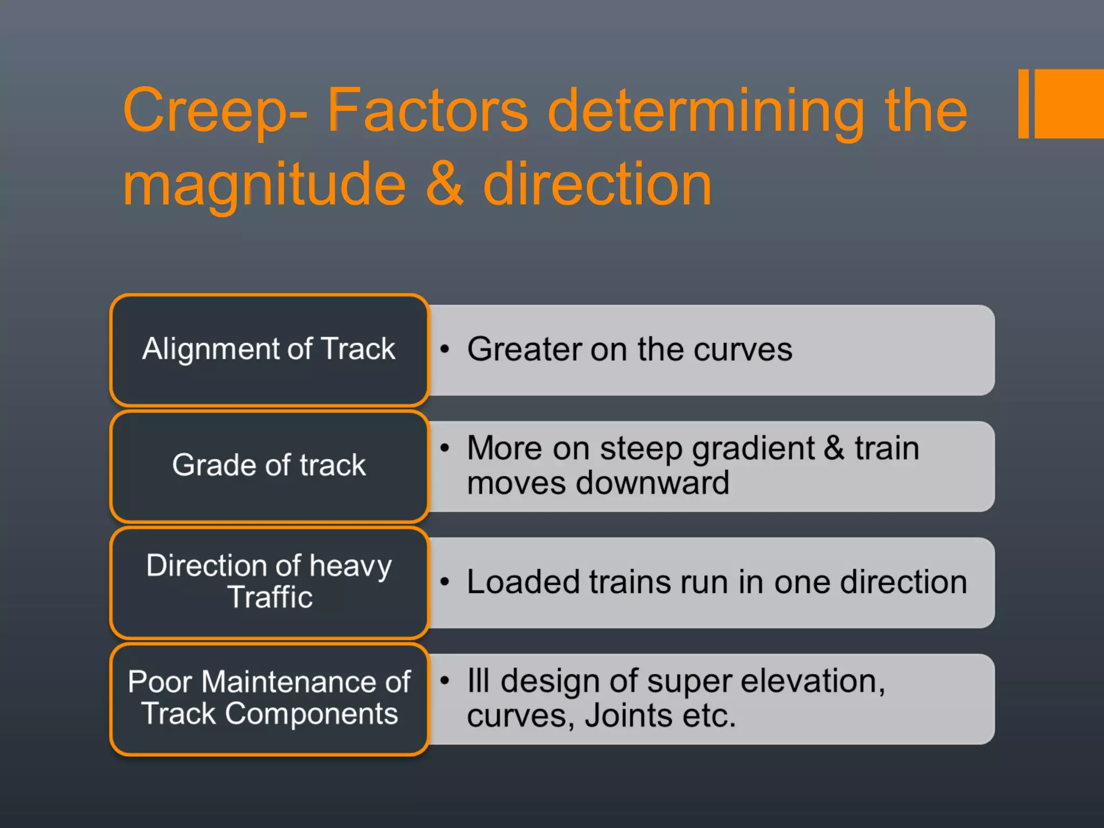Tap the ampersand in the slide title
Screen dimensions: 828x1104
445,184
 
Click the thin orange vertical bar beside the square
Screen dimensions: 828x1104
1023,103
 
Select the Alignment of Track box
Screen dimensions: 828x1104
268,349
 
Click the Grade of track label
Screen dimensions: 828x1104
268,465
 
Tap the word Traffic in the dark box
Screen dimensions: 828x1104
270,597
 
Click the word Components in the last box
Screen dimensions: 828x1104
311,714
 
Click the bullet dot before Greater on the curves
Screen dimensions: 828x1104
445,349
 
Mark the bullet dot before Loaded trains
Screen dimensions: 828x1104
445,582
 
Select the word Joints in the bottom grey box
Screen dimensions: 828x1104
628,716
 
